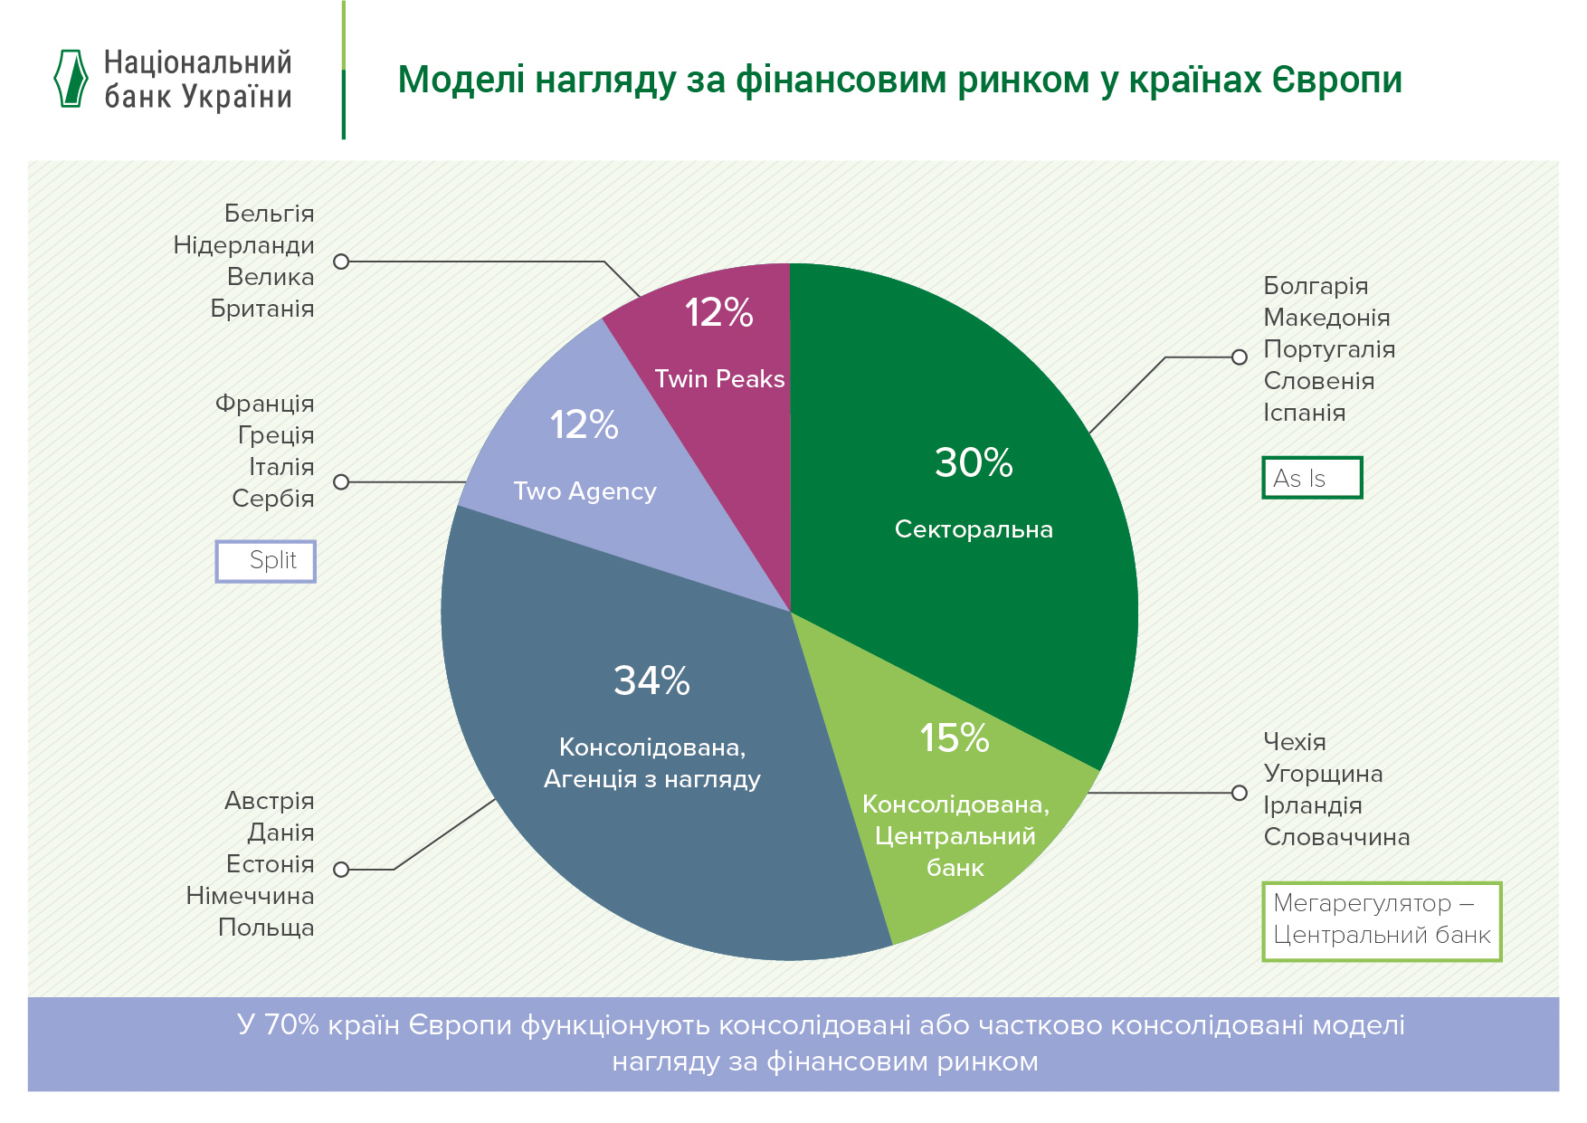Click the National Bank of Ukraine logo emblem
pos(71,79)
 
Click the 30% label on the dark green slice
pos(974,463)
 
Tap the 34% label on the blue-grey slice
pos(651,680)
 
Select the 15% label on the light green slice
pos(955,738)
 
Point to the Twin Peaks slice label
pos(719,379)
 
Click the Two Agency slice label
pos(584,491)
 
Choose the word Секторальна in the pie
pos(974,529)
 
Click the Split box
pos(266,561)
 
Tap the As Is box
pos(1311,478)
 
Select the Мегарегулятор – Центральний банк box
pos(1381,920)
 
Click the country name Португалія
pos(1329,349)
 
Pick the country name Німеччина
pos(250,896)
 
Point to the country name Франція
pos(264,404)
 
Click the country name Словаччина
pos(1336,837)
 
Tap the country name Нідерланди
pos(243,245)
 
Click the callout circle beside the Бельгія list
pos(341,262)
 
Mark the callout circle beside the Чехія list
pos(1240,793)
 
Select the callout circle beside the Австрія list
pos(341,870)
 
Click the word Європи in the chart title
pos(1336,80)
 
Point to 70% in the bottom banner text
pos(291,1025)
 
